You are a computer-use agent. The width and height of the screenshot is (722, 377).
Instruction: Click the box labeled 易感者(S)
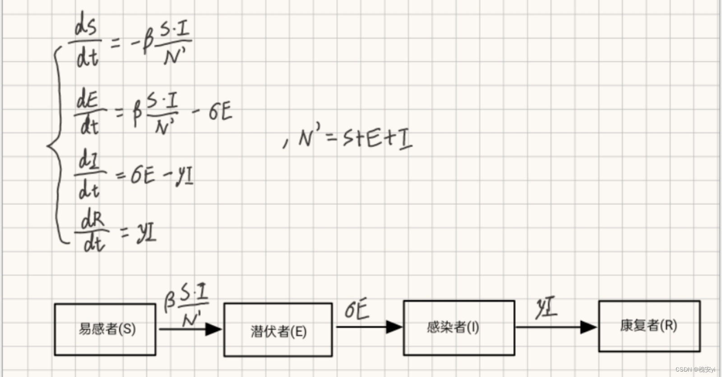[105, 329]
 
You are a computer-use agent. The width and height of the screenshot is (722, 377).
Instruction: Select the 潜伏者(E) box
[278, 330]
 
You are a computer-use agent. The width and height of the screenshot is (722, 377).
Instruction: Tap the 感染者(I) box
[458, 327]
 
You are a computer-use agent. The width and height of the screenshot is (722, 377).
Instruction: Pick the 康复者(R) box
[649, 326]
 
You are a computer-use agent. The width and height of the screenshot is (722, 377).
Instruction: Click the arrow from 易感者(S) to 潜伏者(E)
[190, 329]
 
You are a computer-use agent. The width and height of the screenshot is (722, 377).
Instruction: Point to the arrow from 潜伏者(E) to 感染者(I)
[368, 327]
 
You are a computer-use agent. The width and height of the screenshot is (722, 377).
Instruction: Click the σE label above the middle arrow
[356, 310]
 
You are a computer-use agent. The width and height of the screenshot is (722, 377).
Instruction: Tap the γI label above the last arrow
[546, 309]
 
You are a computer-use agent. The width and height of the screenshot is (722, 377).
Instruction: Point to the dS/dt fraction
[86, 43]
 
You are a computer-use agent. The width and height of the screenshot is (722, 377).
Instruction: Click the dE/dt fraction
[89, 111]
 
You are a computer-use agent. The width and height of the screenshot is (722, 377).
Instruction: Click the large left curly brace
[56, 145]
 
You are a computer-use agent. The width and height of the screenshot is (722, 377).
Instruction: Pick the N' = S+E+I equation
[354, 138]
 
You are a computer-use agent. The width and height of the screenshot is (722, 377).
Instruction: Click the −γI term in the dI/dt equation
[178, 175]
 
